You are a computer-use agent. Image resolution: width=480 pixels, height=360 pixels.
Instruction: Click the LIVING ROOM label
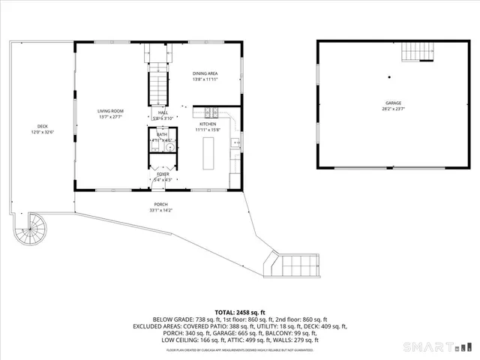pyautogui.click(x=109, y=111)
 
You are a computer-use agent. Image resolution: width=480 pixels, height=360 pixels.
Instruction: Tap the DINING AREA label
pyautogui.click(x=205, y=73)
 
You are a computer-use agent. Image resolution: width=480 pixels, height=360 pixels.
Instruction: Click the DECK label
pyautogui.click(x=43, y=126)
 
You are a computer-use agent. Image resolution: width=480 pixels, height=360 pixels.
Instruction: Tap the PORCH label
pyautogui.click(x=160, y=205)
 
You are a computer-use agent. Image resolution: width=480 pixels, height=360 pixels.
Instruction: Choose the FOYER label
pyautogui.click(x=163, y=174)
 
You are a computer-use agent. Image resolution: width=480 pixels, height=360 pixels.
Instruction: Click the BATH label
pyautogui.click(x=162, y=134)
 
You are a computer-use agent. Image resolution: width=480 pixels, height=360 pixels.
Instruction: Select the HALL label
pyautogui.click(x=163, y=112)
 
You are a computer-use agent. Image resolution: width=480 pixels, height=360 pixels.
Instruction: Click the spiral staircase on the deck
pyautogui.click(x=31, y=228)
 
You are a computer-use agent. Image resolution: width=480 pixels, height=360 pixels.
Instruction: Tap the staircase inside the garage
pyautogui.click(x=418, y=52)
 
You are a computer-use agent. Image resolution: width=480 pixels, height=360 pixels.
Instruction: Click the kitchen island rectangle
pyautogui.click(x=211, y=154)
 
